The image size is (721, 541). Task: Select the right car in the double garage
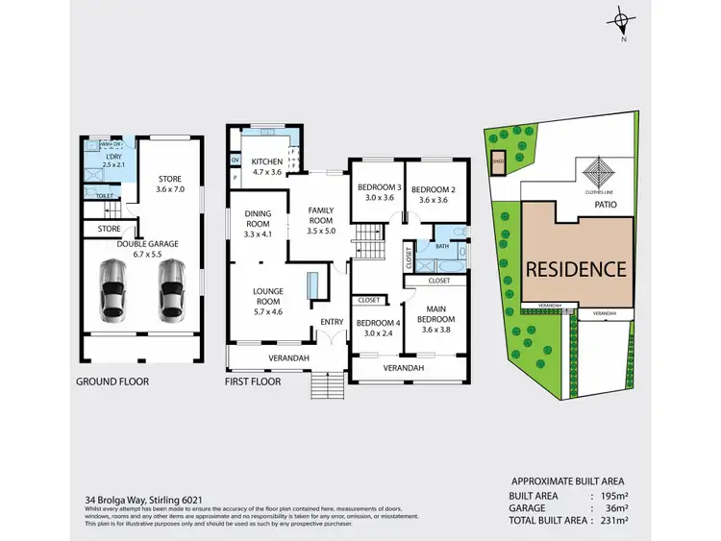click(x=171, y=287)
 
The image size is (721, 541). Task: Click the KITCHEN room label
click(x=266, y=167)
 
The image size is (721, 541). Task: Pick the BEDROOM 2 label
click(x=432, y=190)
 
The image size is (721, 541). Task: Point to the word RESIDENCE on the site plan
click(x=576, y=269)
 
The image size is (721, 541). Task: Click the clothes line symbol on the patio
click(x=599, y=172)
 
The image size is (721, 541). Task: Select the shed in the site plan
click(x=498, y=161)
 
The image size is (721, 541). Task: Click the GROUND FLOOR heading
click(x=113, y=381)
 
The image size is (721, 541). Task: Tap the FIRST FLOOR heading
click(x=253, y=381)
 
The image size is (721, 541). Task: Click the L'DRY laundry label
click(x=112, y=160)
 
